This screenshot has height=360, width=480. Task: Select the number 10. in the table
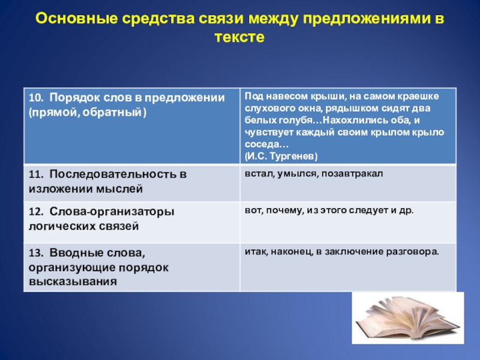tap(35, 98)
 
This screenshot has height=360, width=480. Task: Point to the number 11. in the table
tap(35, 174)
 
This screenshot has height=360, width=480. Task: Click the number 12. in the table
tap(35, 212)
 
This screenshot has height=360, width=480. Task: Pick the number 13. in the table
tap(35, 253)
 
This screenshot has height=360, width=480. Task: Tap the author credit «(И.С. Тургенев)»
tap(281, 156)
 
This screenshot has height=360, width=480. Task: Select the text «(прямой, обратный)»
tap(87, 113)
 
